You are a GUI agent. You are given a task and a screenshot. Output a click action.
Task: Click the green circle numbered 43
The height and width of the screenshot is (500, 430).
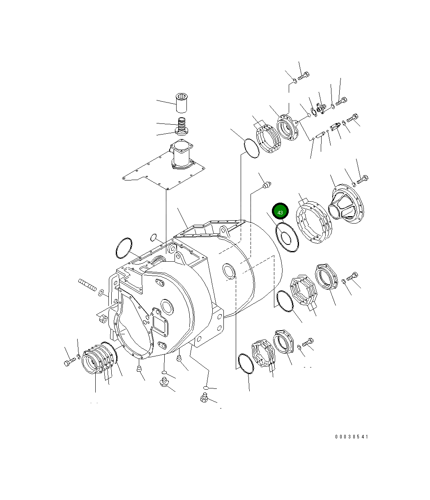coord(281,212)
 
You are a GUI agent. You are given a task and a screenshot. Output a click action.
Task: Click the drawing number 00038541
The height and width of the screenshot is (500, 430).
coord(351,437)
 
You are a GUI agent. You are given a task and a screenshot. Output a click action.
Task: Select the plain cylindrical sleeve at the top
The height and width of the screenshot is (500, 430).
coord(182,103)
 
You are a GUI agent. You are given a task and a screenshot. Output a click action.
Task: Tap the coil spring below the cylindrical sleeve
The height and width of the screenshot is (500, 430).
coord(182,123)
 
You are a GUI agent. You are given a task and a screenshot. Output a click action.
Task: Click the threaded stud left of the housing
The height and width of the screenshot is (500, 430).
coord(87,284)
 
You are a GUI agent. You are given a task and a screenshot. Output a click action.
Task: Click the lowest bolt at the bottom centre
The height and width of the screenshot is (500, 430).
coord(204,397)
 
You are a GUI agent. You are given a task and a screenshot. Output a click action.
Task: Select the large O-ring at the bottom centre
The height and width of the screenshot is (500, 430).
coord(246,363)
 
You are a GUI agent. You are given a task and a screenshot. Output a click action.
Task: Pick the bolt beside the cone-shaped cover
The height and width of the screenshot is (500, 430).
coord(363,179)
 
